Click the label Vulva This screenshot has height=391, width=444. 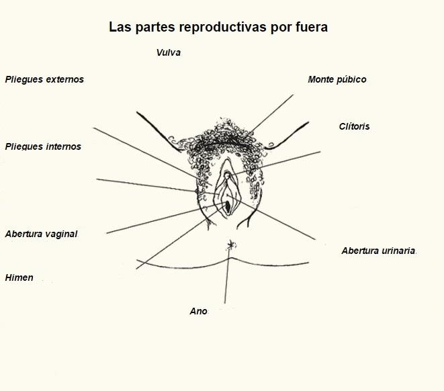click(169, 52)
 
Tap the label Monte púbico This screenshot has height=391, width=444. click(337, 79)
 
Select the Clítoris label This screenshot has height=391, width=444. click(354, 126)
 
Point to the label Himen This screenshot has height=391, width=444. click(19, 277)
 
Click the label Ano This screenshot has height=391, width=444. click(198, 311)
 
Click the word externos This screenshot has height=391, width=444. click(65, 79)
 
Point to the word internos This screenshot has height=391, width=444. click(63, 146)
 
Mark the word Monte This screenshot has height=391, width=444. click(320, 79)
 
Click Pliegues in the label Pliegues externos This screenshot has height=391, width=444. click(24, 79)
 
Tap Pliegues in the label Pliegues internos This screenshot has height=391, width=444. click(24, 146)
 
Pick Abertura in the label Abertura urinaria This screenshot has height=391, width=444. click(360, 251)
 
